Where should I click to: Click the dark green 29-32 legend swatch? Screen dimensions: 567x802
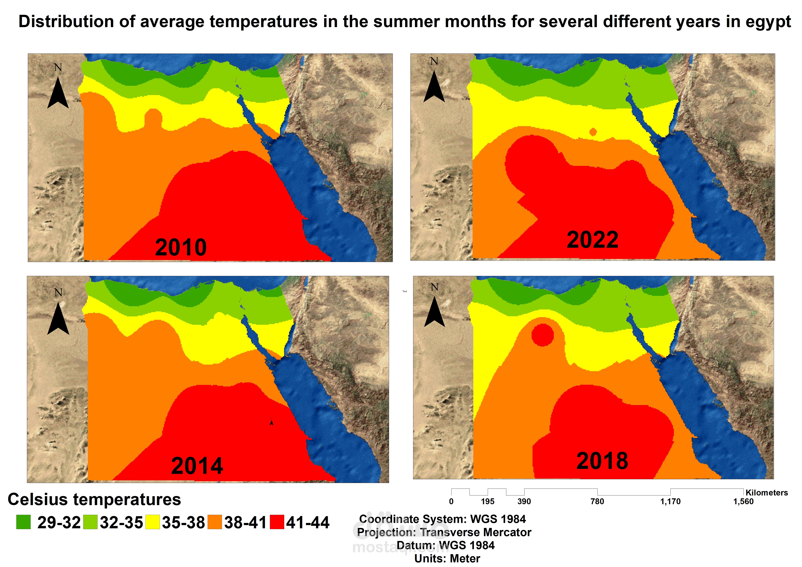(x=23, y=522)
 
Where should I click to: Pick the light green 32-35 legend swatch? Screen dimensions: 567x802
(x=90, y=522)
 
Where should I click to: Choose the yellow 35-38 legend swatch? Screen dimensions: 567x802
(x=153, y=522)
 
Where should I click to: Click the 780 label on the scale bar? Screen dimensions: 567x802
(x=597, y=502)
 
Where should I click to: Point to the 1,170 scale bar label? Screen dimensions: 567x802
(x=670, y=502)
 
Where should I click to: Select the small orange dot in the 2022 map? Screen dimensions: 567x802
(x=593, y=132)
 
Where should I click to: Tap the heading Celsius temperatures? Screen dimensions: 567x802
(x=94, y=499)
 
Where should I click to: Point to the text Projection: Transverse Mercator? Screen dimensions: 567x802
(x=444, y=532)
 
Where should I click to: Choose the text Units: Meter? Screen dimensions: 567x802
(x=447, y=559)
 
